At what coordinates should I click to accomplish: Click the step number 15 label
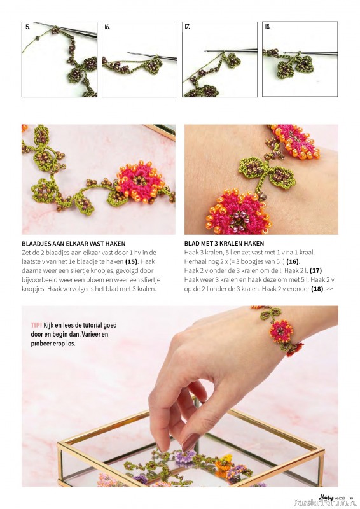click(x=27, y=27)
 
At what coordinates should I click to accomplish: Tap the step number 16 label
click(x=107, y=27)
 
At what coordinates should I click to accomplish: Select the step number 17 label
click(x=187, y=27)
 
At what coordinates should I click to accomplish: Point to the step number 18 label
click(x=268, y=27)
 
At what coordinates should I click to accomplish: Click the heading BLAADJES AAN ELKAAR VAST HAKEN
click(x=74, y=244)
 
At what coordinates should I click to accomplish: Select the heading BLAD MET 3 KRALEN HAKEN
click(x=224, y=244)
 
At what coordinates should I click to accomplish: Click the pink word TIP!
click(x=36, y=325)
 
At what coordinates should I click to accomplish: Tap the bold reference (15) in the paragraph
click(x=132, y=261)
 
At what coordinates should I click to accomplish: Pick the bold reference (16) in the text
click(x=293, y=261)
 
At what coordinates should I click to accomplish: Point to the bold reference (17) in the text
click(x=315, y=271)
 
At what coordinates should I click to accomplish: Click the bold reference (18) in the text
click(x=317, y=289)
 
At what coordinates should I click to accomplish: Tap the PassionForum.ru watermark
click(x=326, y=503)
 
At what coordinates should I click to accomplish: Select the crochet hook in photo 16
click(x=152, y=56)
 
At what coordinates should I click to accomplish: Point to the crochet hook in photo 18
click(x=311, y=53)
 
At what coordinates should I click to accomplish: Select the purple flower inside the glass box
click(x=185, y=457)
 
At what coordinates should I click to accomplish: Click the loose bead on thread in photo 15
click(x=38, y=38)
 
